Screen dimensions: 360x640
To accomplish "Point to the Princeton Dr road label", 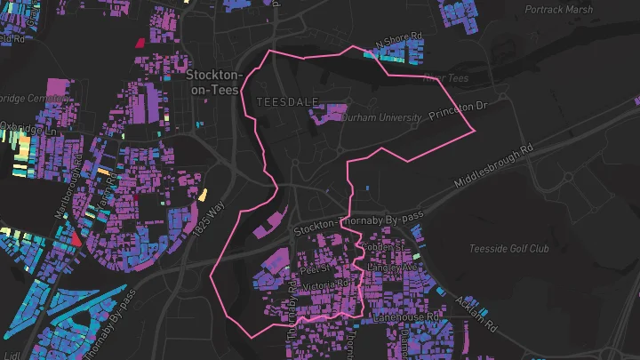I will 460,110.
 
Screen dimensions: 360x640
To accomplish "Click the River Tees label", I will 445,78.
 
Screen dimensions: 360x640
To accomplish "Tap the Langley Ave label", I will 391,267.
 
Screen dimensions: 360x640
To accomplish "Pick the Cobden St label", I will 383,246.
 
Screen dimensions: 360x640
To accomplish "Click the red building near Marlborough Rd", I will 76,237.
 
